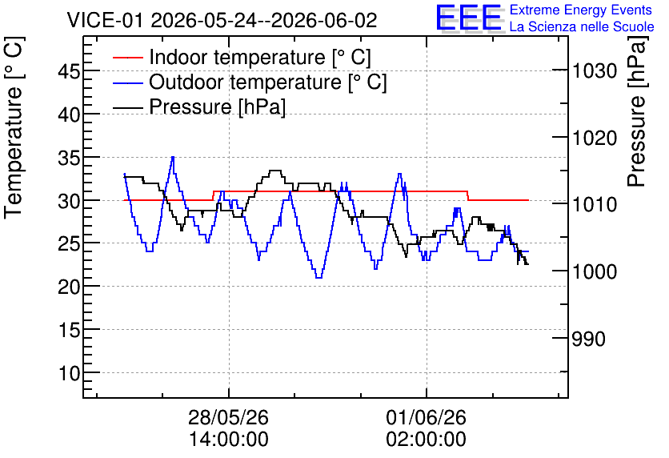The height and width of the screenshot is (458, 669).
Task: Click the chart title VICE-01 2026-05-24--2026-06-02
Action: click(222, 20)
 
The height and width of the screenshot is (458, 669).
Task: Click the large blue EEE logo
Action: click(468, 18)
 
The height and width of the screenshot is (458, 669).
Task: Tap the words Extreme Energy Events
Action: click(581, 10)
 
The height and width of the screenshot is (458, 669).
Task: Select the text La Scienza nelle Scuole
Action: click(582, 26)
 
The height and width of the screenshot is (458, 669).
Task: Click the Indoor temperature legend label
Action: click(260, 57)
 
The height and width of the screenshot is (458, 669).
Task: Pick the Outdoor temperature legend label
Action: click(268, 82)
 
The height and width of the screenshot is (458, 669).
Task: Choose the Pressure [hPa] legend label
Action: click(217, 106)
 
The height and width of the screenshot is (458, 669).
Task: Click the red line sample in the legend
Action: click(127, 58)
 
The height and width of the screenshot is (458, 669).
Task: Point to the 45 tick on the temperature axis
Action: click(69, 71)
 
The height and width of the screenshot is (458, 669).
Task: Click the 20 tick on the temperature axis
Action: click(69, 287)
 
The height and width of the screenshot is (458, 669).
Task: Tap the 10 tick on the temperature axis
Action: click(69, 373)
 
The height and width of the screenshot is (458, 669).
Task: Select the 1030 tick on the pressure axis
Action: click(595, 70)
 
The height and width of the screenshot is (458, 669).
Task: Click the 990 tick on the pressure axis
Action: click(589, 339)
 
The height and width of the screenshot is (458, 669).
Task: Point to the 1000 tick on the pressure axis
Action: click(595, 271)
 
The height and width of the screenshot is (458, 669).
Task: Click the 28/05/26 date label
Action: click(229, 417)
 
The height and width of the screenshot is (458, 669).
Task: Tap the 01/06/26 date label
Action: click(427, 417)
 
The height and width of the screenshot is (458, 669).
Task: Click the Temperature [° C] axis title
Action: click(14, 128)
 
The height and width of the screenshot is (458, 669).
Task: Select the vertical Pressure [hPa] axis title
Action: click(637, 111)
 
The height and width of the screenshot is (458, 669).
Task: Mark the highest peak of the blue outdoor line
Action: click(173, 157)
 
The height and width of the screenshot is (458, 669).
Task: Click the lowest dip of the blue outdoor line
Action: click(318, 278)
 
